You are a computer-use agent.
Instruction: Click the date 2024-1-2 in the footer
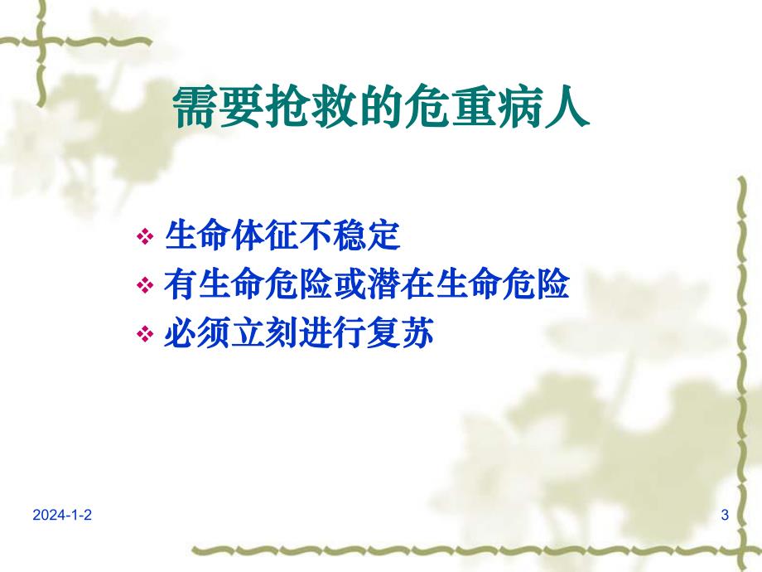(63, 516)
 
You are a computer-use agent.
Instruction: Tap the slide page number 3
(725, 516)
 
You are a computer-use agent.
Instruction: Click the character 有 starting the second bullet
(181, 286)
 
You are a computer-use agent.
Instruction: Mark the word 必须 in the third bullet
(198, 335)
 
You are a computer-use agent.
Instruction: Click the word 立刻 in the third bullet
(266, 335)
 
